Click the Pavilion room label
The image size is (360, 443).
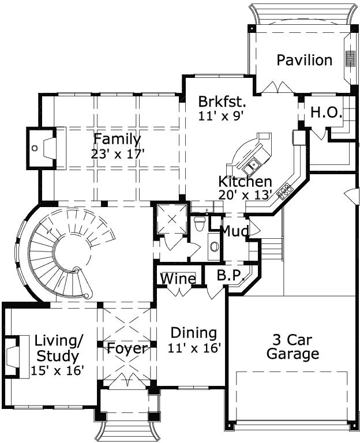[304, 60]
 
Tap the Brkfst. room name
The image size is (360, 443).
[222, 102]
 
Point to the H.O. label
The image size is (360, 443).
[327, 112]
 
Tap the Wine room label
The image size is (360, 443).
[178, 279]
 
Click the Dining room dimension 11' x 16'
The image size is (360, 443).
[194, 348]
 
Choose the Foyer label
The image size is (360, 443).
[127, 348]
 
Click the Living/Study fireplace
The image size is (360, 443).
[16, 356]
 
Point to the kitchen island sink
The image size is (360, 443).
[252, 166]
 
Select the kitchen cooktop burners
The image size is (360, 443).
[285, 189]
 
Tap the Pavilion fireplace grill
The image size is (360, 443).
[349, 59]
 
